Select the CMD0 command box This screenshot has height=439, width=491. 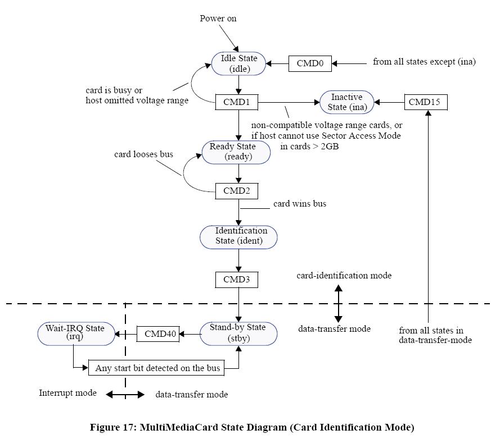click(310, 63)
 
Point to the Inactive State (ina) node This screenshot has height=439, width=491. click(346, 102)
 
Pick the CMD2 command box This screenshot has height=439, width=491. click(237, 191)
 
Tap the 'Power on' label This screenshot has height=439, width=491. click(218, 19)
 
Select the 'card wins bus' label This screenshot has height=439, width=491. click(299, 203)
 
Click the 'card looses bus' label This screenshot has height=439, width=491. click(143, 154)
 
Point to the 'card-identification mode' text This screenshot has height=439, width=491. click(344, 276)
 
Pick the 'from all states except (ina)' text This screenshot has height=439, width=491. click(424, 62)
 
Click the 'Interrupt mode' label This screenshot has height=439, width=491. click(67, 393)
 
